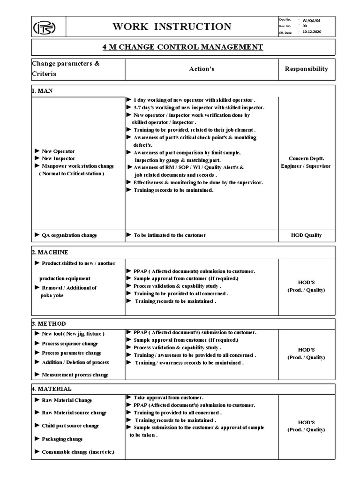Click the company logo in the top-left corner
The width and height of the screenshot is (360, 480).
[x=49, y=27]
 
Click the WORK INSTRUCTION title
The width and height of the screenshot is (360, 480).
[x=172, y=27]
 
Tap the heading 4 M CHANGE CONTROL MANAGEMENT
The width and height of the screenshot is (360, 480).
[x=183, y=47]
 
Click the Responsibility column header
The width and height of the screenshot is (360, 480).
[x=307, y=69]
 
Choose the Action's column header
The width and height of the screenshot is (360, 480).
[x=202, y=69]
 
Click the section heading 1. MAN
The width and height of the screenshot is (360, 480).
[x=43, y=91]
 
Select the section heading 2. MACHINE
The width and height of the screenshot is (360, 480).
[x=50, y=252]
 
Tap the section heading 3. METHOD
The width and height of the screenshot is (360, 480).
[x=49, y=324]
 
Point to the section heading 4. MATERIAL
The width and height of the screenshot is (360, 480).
[x=52, y=389]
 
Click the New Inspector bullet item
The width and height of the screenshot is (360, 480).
[x=58, y=159]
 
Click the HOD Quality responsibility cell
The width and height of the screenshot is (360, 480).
[x=306, y=235]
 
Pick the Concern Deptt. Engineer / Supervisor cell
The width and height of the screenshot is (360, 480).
[x=306, y=162]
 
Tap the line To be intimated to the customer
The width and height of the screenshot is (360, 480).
[x=169, y=235]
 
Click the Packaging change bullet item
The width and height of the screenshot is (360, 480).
[x=62, y=439]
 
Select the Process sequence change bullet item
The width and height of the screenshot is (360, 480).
[x=69, y=344]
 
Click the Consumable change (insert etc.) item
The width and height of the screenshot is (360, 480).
[x=77, y=452]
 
